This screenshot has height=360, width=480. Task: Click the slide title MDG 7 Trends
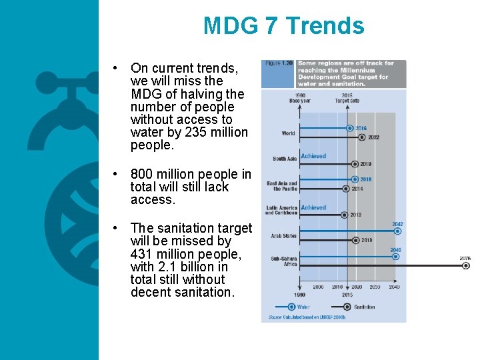(283, 26)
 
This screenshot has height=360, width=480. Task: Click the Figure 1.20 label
(278, 63)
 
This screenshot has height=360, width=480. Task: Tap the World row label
(288, 133)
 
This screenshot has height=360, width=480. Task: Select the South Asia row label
(285, 159)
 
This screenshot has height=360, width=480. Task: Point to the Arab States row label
(284, 236)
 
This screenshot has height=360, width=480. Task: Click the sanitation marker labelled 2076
(466, 265)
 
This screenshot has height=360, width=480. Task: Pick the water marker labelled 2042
(397, 231)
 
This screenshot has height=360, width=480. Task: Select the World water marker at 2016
(349, 128)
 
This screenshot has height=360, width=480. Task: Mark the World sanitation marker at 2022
(361, 137)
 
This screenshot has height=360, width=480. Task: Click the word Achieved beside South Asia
(313, 156)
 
